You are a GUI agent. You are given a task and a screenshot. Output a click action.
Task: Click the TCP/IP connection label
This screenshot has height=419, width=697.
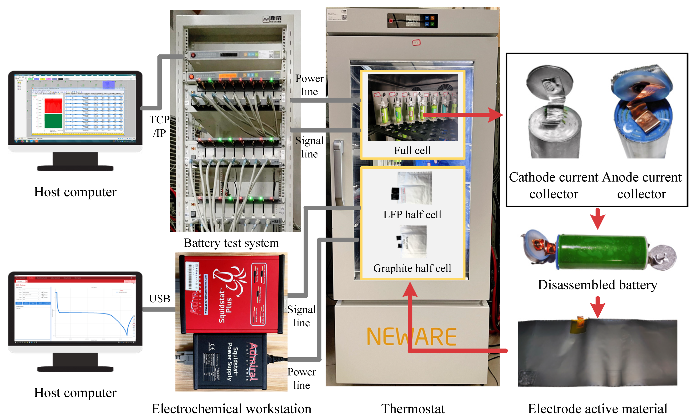coord(159,126)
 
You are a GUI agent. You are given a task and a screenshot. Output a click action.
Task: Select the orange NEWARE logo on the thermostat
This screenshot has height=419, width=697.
coord(411,336)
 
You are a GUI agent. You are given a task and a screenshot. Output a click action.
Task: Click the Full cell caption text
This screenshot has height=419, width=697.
coord(412,150)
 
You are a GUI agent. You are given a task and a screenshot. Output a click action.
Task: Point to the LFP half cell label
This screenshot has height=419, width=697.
coord(412,215)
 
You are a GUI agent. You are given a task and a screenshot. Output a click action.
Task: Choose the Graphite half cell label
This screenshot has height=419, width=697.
coord(412,268)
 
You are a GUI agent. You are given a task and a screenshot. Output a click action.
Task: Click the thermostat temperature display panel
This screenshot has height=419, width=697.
coord(412,21)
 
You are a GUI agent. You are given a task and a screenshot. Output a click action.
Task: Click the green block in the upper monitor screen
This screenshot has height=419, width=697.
coord(53,121)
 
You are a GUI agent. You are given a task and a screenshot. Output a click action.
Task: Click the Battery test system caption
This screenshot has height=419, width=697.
coord(231,243)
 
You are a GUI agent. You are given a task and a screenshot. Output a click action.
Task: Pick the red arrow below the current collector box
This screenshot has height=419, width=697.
coord(597,219)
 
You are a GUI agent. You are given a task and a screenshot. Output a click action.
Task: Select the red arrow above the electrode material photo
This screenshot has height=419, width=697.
coord(597,307)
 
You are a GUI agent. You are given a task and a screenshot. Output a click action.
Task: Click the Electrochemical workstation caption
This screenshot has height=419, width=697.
coord(231,408)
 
